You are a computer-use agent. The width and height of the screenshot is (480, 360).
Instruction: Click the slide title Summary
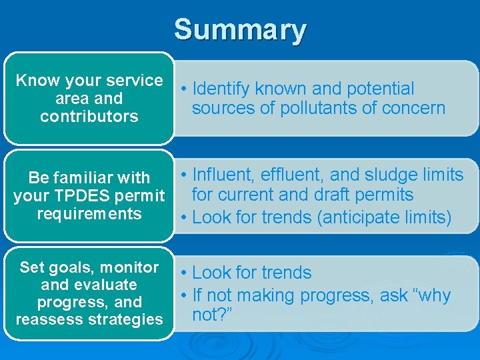(x=240, y=30)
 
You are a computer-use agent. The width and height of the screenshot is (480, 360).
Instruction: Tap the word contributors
(x=89, y=117)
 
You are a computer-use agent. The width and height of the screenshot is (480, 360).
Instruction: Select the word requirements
(x=89, y=214)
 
